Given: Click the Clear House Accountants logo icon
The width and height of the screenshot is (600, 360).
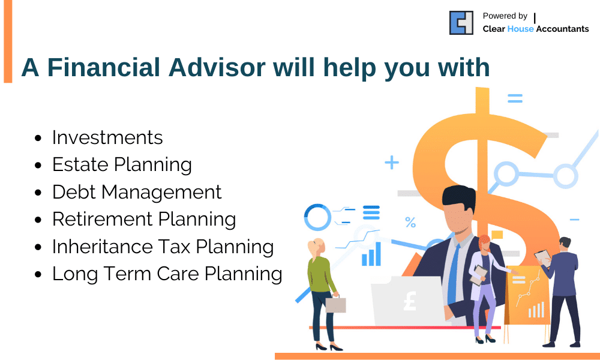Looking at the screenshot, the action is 461,23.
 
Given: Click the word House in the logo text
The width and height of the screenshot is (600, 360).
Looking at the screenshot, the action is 520,29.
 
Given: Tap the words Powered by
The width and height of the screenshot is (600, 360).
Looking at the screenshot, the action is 505,16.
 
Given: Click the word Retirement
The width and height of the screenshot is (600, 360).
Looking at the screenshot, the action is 103,219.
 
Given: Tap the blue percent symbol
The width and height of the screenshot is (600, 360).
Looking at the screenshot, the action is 410,222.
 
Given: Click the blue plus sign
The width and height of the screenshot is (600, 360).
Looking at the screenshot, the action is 391,163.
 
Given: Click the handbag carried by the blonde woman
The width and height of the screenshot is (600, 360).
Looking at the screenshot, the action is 335,304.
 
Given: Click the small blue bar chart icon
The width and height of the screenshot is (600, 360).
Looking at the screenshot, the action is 371,254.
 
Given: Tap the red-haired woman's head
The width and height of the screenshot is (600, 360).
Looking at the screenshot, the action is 484,243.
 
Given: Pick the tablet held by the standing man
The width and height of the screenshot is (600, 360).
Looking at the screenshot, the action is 542,258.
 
